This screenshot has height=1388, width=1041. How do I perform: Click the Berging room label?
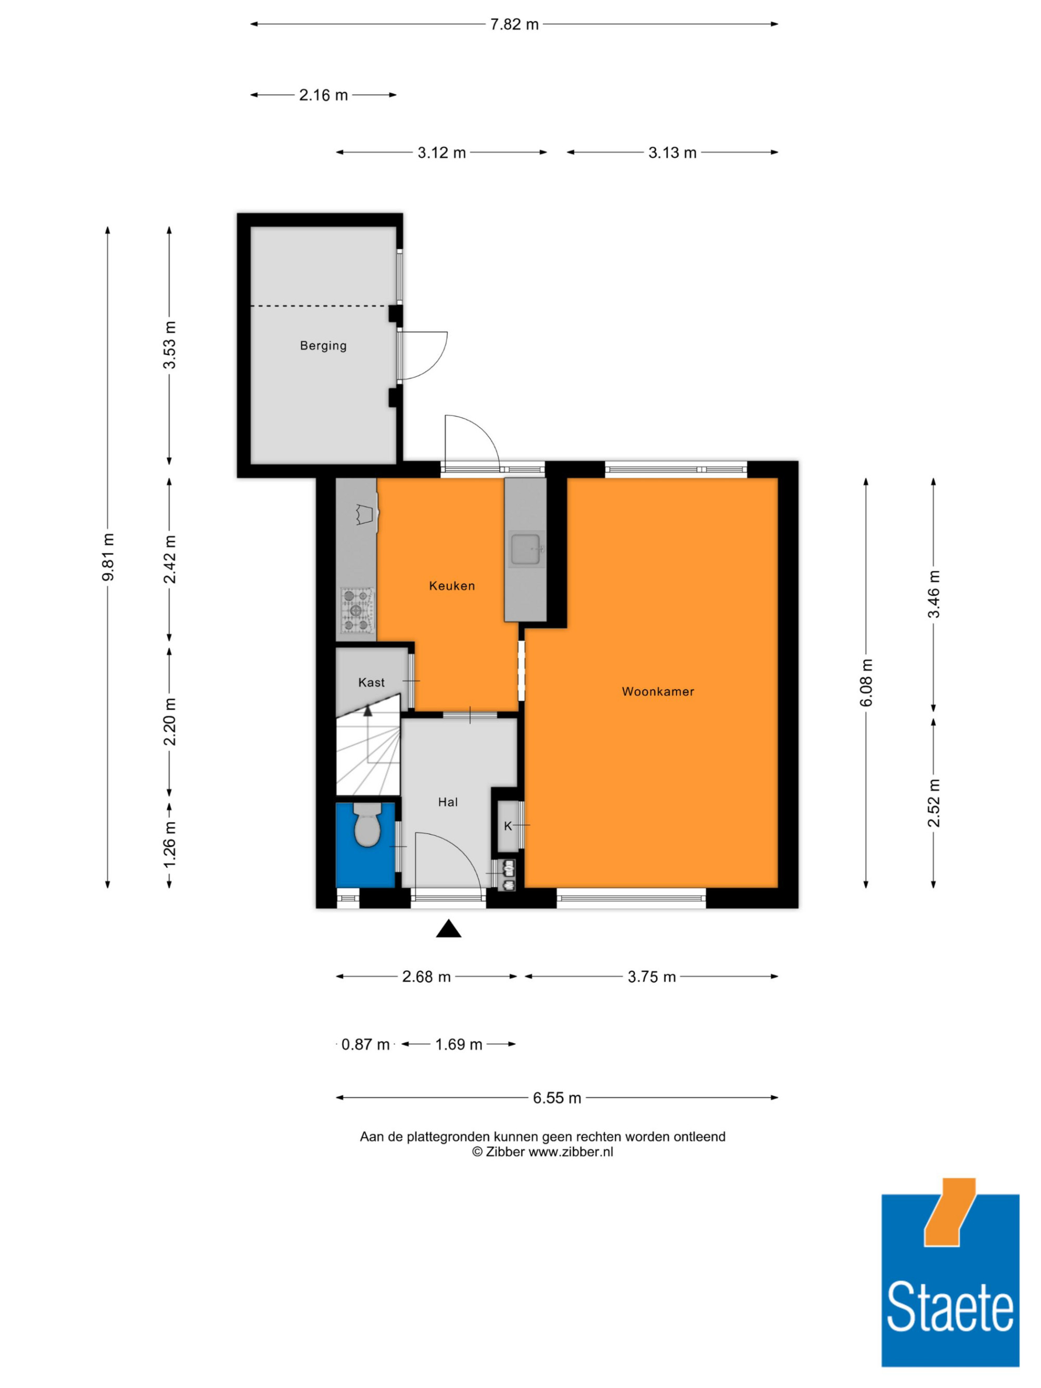pyautogui.click(x=323, y=345)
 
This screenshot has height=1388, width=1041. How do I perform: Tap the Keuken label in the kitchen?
pyautogui.click(x=452, y=585)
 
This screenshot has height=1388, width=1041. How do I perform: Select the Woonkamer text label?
pyautogui.click(x=657, y=692)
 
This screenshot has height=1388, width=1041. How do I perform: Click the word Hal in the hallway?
pyautogui.click(x=448, y=802)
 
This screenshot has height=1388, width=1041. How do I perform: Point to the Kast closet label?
pyautogui.click(x=372, y=682)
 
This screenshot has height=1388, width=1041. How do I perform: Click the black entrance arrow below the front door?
pyautogui.click(x=449, y=928)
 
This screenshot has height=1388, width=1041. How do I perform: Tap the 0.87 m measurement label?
pyautogui.click(x=365, y=1044)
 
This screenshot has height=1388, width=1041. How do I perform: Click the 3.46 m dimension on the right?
pyautogui.click(x=934, y=594)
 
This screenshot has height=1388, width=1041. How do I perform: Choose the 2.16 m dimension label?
pyautogui.click(x=323, y=95)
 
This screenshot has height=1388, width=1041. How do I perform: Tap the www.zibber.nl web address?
pyautogui.click(x=570, y=1152)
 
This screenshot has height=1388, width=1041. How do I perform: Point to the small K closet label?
pyautogui.click(x=507, y=826)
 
